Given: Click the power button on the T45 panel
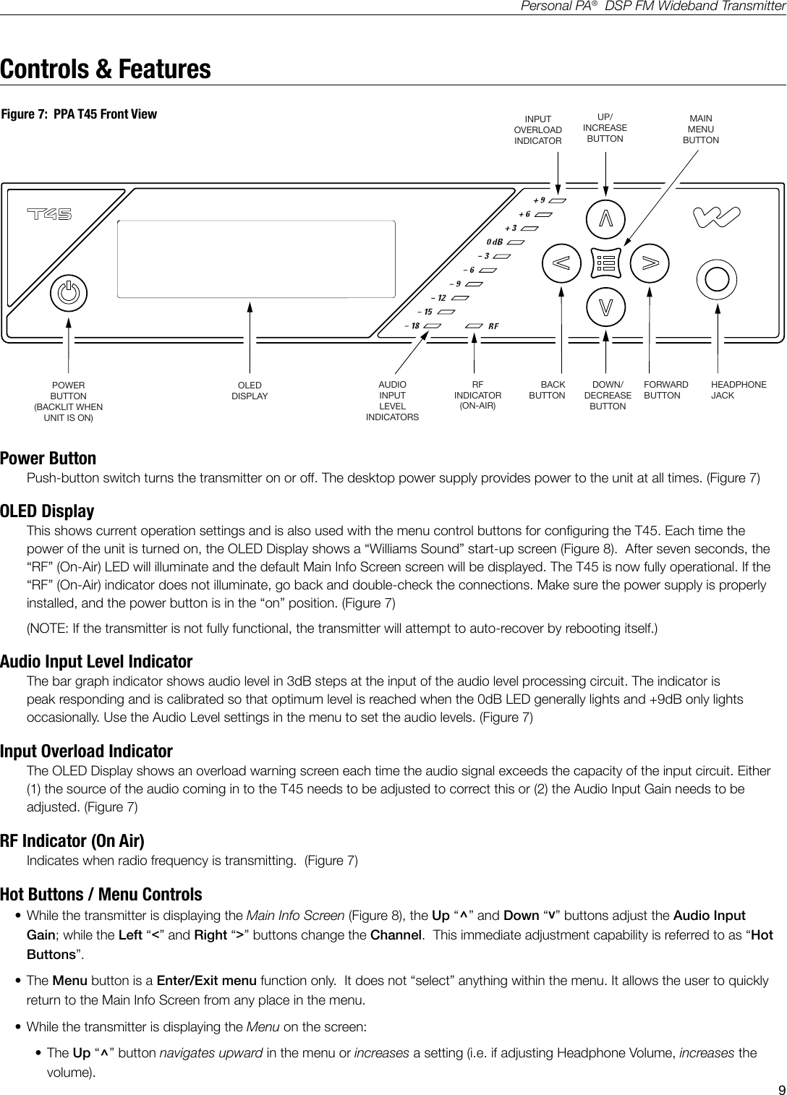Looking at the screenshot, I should pyautogui.click(x=69, y=294).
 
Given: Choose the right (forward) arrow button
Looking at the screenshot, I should pyautogui.click(x=650, y=262).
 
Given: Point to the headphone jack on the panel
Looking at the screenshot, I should pyautogui.click(x=716, y=278).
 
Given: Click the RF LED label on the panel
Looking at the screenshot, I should pyautogui.click(x=493, y=326).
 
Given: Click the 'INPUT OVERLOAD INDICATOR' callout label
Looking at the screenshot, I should pyautogui.click(x=537, y=130).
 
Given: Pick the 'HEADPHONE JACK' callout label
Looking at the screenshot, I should pyautogui.click(x=738, y=390).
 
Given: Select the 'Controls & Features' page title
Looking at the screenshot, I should pyautogui.click(x=106, y=69).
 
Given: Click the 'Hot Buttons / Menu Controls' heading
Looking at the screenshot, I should pyautogui.click(x=101, y=895).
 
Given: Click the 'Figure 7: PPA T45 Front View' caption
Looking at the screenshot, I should pyautogui.click(x=79, y=114).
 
